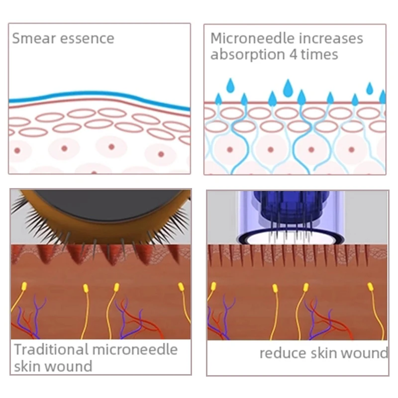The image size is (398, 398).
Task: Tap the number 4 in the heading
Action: (294, 54)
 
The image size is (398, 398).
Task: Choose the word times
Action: (320, 54)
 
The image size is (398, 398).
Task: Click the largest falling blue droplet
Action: (288, 89)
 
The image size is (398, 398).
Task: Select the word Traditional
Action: (50, 349)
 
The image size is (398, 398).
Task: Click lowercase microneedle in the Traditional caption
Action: (134, 349)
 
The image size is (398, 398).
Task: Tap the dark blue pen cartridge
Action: (281, 204)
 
